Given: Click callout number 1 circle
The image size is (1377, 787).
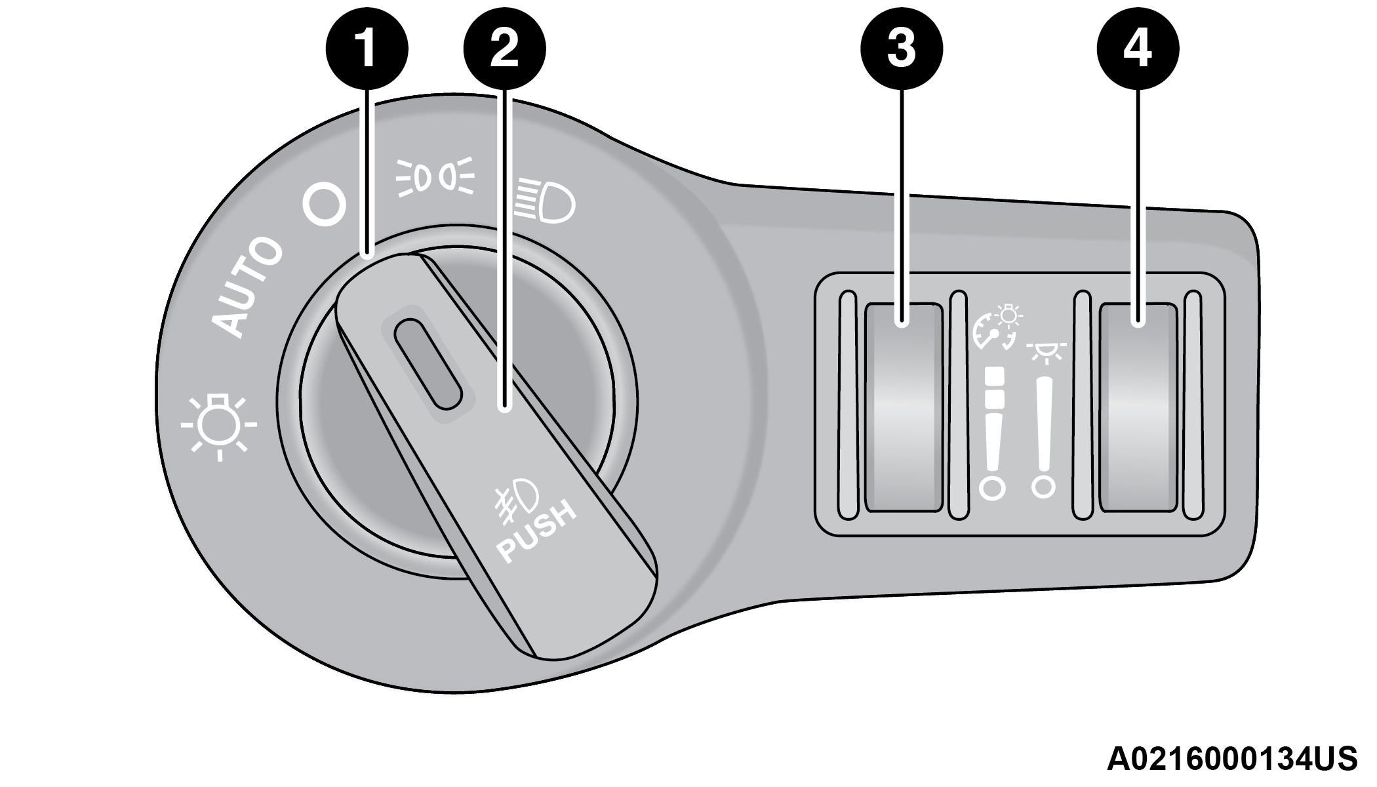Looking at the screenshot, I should (367, 49).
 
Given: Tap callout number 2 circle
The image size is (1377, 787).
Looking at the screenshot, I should (504, 49).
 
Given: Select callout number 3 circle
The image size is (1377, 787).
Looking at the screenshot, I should (902, 49).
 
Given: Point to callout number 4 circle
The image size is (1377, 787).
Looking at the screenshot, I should (1138, 49).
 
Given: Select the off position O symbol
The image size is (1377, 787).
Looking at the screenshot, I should (324, 207).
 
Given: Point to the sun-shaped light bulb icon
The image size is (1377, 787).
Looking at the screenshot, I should (219, 425).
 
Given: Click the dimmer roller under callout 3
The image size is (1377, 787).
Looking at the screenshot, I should (903, 407).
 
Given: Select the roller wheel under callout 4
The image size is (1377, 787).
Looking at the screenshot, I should (1138, 407).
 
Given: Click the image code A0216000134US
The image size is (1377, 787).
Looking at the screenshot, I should (1231, 759).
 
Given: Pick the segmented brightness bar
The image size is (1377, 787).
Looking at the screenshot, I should (994, 420).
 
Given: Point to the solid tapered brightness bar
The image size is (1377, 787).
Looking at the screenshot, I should (1044, 426).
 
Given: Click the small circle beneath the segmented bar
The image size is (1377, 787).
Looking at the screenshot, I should (992, 489).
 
